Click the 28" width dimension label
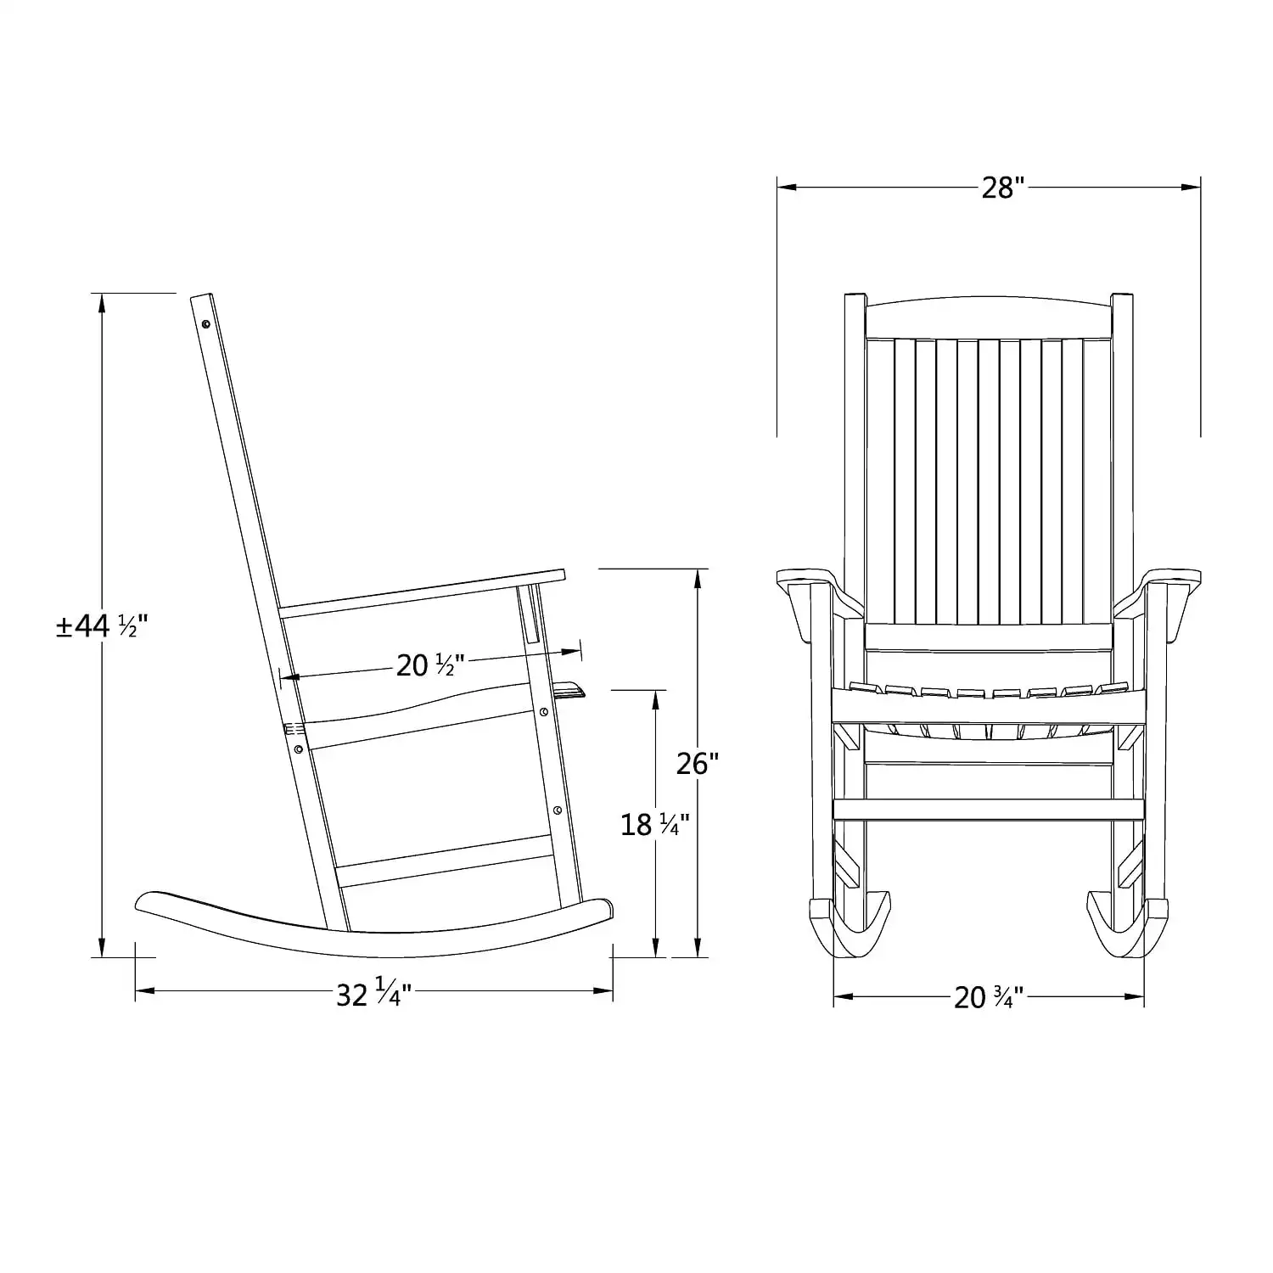click(1003, 188)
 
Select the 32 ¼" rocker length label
click(373, 994)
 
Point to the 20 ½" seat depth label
click(431, 665)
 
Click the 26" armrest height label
click(698, 764)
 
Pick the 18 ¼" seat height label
click(654, 823)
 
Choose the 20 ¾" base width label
click(989, 997)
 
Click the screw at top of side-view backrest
click(206, 323)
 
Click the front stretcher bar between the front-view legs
click(989, 809)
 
